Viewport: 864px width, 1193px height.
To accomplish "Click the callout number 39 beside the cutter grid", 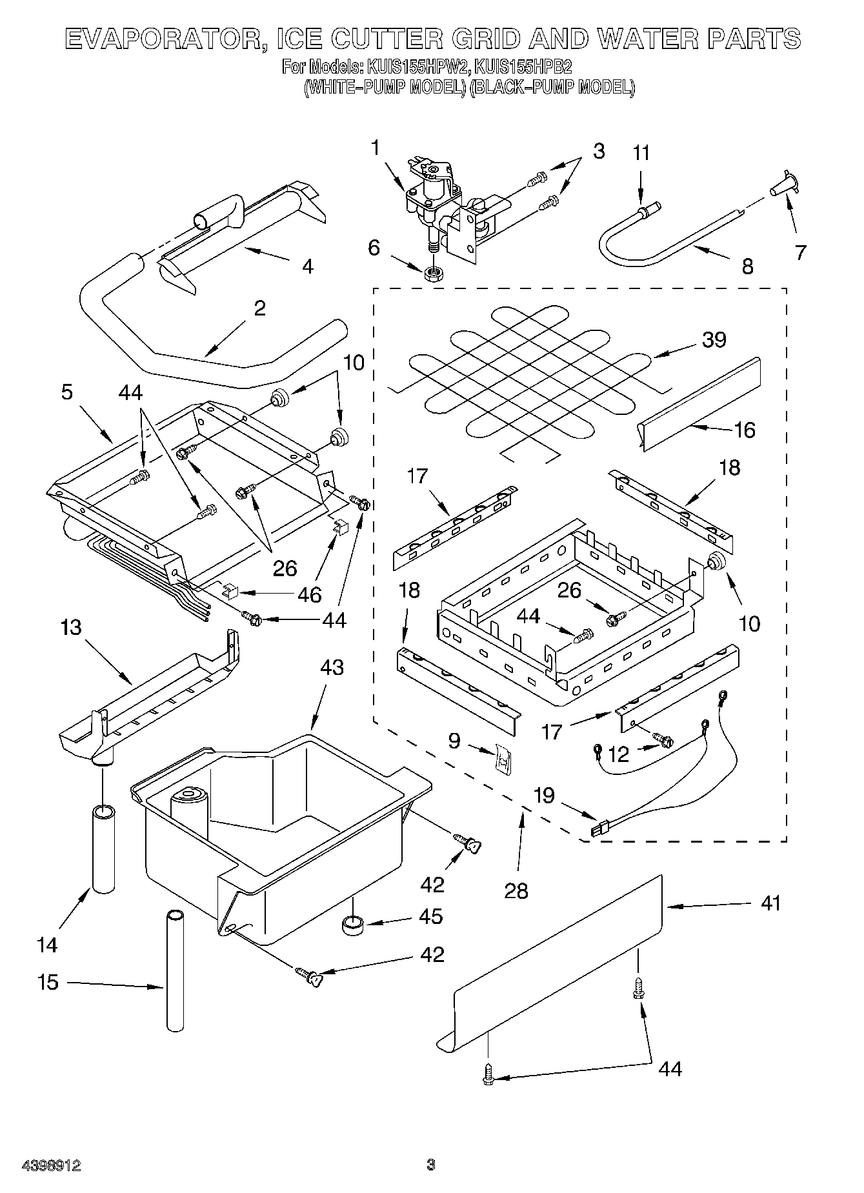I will [714, 339].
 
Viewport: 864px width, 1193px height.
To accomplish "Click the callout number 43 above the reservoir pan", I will [331, 667].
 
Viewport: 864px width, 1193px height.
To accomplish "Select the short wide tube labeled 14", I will [103, 848].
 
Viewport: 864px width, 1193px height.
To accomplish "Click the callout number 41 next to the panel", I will [770, 903].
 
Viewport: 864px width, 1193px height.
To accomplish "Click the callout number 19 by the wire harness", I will [544, 795].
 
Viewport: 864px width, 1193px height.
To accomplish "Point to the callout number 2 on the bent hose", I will [259, 308].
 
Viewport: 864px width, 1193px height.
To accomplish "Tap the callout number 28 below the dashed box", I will [517, 890].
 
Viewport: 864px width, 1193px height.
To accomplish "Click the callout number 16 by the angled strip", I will [745, 430].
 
